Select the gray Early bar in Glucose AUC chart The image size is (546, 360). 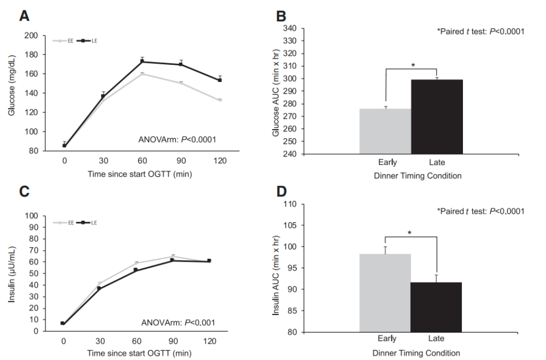[x=385, y=131]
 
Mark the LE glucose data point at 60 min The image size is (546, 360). [x=142, y=61]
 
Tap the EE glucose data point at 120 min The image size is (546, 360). [x=219, y=100]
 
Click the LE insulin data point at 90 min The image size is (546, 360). [x=181, y=260]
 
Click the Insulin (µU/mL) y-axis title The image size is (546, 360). [x=12, y=273]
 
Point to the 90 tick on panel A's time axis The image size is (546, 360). [x=181, y=161]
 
